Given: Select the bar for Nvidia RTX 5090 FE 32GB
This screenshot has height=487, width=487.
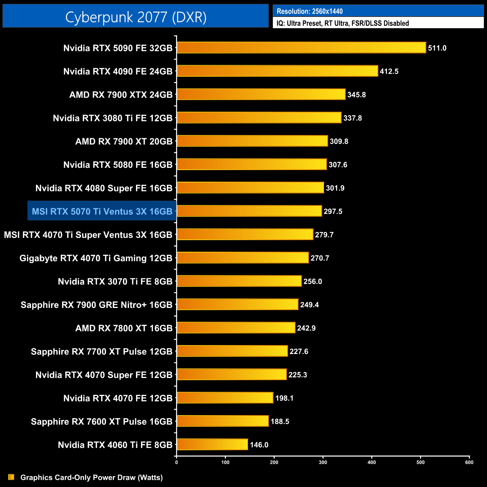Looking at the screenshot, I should (301, 48).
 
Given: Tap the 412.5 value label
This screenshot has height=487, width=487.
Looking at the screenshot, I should (389, 72).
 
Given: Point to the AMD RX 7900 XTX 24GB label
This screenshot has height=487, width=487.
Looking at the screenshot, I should (121, 95).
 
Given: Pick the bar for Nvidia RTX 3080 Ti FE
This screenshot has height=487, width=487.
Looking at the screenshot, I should (259, 118).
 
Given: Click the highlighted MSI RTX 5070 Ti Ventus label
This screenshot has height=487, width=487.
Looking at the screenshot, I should (102, 212).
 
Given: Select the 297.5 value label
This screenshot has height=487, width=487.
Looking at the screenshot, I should (333, 212).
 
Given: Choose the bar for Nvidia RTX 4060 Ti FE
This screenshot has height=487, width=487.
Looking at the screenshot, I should (212, 445).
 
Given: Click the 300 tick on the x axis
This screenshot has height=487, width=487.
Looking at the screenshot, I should (323, 462).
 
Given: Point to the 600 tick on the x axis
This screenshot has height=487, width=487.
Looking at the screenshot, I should (469, 462).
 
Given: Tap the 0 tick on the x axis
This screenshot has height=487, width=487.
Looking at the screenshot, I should (176, 462).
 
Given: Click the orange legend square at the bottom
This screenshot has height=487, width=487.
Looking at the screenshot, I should (11, 477).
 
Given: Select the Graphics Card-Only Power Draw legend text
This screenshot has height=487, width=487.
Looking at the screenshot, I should (91, 478).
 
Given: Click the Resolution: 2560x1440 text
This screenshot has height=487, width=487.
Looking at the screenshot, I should (309, 11).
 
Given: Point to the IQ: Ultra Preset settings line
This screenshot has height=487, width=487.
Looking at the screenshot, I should (342, 23).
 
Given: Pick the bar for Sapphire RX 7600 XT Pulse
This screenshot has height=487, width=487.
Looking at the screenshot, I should (223, 421).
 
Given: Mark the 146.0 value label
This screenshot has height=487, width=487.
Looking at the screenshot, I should (259, 445).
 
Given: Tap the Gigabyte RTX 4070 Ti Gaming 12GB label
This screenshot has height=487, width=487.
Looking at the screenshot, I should (96, 258).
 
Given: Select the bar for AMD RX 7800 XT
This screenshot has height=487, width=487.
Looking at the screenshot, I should (236, 328).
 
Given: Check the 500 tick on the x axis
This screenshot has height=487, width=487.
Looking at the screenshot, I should (420, 462).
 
